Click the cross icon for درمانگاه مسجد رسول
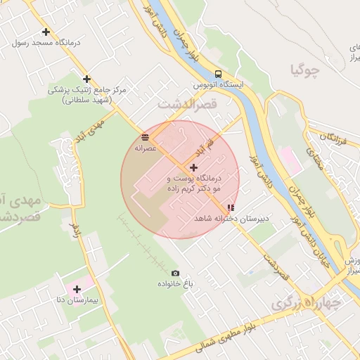(x=46, y=32)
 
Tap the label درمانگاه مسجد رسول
(x=46, y=42)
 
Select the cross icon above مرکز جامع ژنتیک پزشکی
(x=86, y=79)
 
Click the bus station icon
(x=219, y=74)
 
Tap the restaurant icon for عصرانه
(x=145, y=138)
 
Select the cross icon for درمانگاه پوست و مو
(x=194, y=167)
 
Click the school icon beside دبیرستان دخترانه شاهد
(x=231, y=208)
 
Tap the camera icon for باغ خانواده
(x=175, y=273)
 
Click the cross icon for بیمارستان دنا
(x=77, y=289)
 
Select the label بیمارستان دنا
(x=71, y=300)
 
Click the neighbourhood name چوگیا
(x=305, y=70)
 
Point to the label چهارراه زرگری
(x=306, y=303)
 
